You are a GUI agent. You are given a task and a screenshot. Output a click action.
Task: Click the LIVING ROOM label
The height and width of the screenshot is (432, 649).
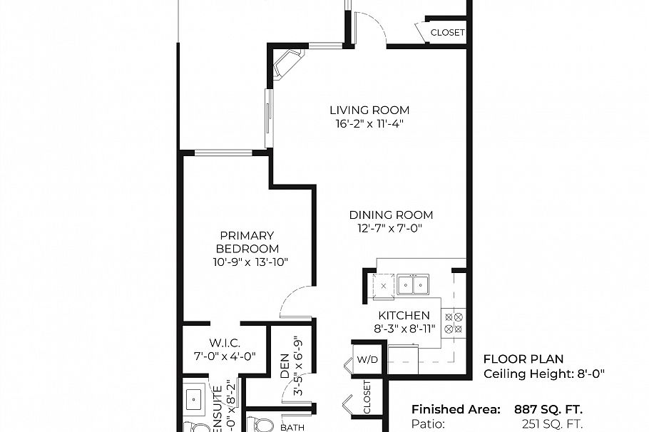click(369, 110)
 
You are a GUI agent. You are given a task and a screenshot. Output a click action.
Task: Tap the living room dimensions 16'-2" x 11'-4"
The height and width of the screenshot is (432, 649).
click(369, 123)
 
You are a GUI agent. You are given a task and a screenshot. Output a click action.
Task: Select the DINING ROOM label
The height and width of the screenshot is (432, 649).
click(390, 215)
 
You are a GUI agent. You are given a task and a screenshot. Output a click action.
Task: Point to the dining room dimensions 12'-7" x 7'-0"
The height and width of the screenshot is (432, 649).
click(390, 228)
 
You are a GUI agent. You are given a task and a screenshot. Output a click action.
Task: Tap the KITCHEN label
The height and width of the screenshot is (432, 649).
click(404, 315)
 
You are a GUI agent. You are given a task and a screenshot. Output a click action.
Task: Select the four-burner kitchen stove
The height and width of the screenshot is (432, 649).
click(454, 322)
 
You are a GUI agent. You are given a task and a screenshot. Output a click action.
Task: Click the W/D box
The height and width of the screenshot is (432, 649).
click(368, 359)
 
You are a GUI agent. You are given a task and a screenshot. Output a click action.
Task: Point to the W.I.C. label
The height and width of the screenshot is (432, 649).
click(223, 342)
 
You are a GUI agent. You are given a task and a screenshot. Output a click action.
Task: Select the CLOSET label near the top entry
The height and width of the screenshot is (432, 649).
click(447, 32)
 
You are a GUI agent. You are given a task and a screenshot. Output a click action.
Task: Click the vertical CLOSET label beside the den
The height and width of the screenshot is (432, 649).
click(367, 398)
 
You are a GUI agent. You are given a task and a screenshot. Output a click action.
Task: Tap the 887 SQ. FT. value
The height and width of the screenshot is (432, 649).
click(548, 409)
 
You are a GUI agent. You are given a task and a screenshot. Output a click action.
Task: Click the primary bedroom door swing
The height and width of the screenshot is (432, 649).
click(294, 302)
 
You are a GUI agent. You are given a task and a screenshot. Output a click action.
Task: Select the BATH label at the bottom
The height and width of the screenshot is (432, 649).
click(292, 427)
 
